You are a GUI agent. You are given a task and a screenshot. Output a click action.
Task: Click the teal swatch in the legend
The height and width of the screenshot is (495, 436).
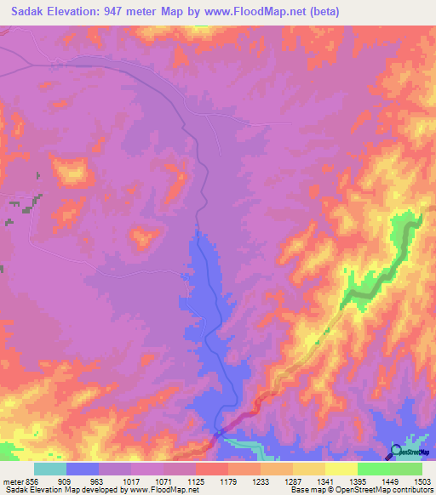50,469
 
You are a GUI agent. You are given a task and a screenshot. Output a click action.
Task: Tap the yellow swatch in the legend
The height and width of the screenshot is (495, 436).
341,469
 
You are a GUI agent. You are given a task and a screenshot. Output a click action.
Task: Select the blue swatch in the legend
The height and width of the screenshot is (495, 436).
83,469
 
